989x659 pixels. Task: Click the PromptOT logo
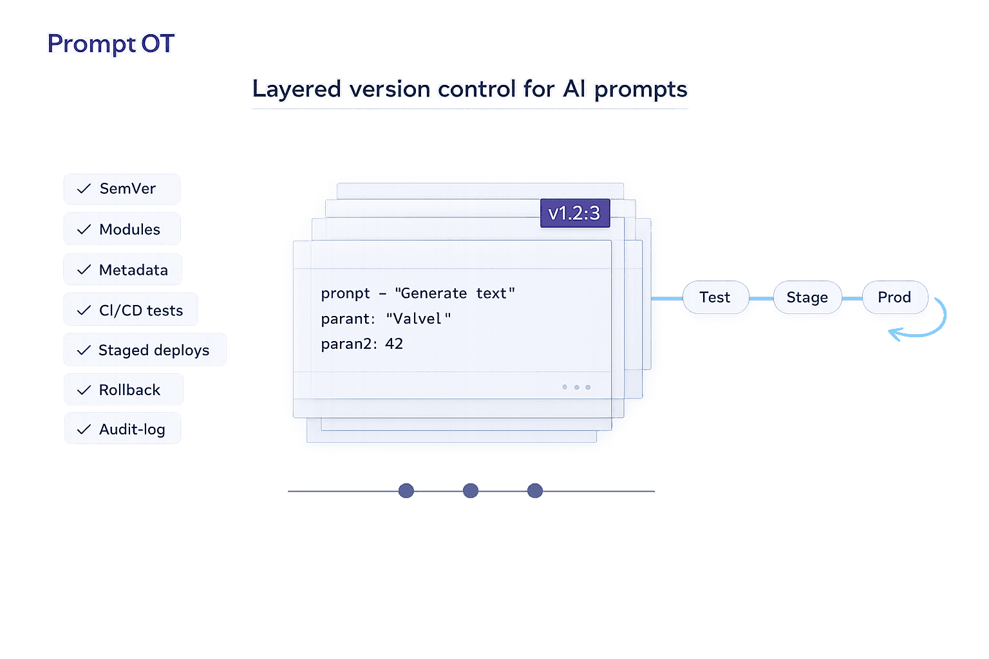(111, 44)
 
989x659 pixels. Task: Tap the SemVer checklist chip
(122, 189)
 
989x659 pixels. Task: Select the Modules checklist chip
(122, 229)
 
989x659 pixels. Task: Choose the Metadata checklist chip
(122, 270)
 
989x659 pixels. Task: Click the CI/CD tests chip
(131, 310)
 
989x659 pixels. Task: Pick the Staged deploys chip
(145, 350)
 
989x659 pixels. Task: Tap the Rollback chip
(123, 390)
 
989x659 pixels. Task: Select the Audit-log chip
(122, 429)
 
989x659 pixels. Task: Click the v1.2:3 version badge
(574, 213)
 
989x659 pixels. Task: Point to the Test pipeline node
(715, 297)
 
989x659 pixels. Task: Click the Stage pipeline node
(807, 297)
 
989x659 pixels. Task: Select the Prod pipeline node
(894, 297)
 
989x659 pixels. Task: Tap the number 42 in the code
(394, 344)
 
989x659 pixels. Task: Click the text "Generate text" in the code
(455, 293)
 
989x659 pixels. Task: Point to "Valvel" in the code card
(418, 319)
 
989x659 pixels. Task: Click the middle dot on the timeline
(471, 491)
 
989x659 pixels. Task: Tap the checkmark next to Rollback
(84, 390)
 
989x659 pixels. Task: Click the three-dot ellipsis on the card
(576, 387)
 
